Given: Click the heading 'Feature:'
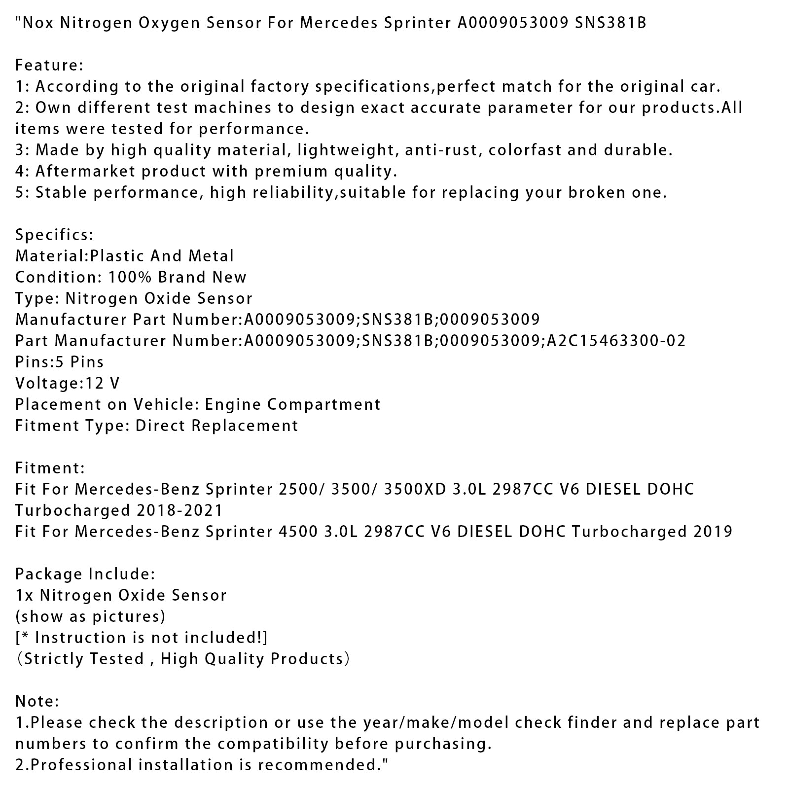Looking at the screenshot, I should pyautogui.click(x=49, y=65).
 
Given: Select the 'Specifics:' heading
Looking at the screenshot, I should pyautogui.click(x=54, y=235).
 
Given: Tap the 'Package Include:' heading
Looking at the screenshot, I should pyautogui.click(x=85, y=574).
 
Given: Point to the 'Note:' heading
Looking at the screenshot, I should pyautogui.click(x=37, y=701).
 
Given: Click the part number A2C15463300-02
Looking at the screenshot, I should pyautogui.click(x=615, y=341).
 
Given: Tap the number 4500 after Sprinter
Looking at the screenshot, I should pyautogui.click(x=297, y=532).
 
